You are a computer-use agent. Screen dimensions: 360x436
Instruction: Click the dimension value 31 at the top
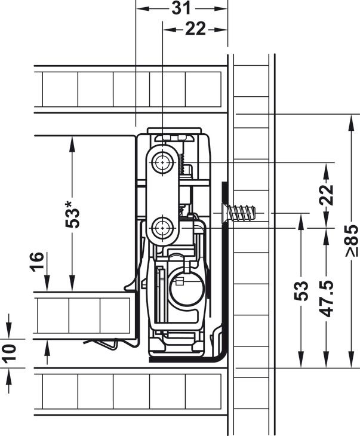coord(181,8)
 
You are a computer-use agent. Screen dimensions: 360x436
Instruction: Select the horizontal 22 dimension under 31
coord(195,29)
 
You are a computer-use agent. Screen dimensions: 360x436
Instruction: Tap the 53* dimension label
coord(72,214)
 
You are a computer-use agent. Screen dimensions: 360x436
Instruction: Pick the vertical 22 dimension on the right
coord(326,195)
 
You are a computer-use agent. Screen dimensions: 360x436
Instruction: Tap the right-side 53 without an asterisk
coord(301,291)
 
